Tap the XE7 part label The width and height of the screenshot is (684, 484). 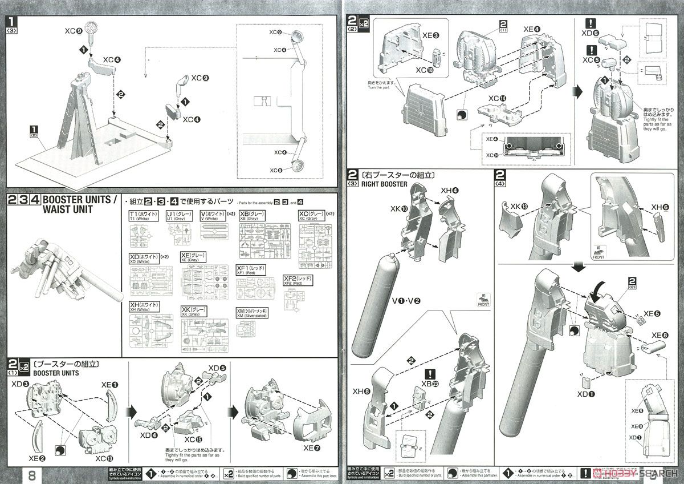(312, 448)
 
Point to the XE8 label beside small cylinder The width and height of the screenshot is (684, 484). (661, 334)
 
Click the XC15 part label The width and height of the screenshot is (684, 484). (191, 440)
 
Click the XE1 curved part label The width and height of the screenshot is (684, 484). (111, 385)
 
